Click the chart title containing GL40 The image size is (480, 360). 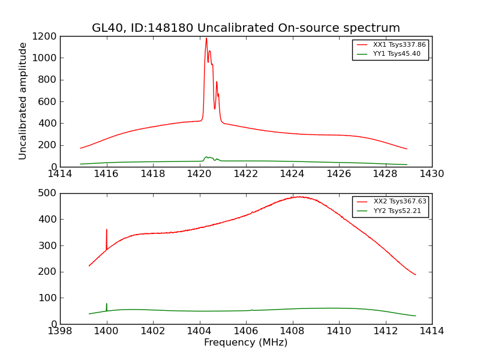click(x=245, y=28)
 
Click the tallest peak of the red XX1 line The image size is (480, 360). click(x=206, y=39)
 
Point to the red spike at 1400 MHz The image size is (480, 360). click(x=107, y=230)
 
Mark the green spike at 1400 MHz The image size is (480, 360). click(x=107, y=305)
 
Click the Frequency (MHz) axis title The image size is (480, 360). click(x=245, y=343)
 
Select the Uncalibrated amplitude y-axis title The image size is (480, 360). click(x=23, y=101)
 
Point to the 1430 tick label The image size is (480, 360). click(x=431, y=174)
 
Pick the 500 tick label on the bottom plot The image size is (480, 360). click(x=47, y=193)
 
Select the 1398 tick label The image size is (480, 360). click(x=60, y=331)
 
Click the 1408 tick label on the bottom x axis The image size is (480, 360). click(x=292, y=331)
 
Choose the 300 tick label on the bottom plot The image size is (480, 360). click(x=47, y=245)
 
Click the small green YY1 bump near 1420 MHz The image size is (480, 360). click(x=207, y=157)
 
